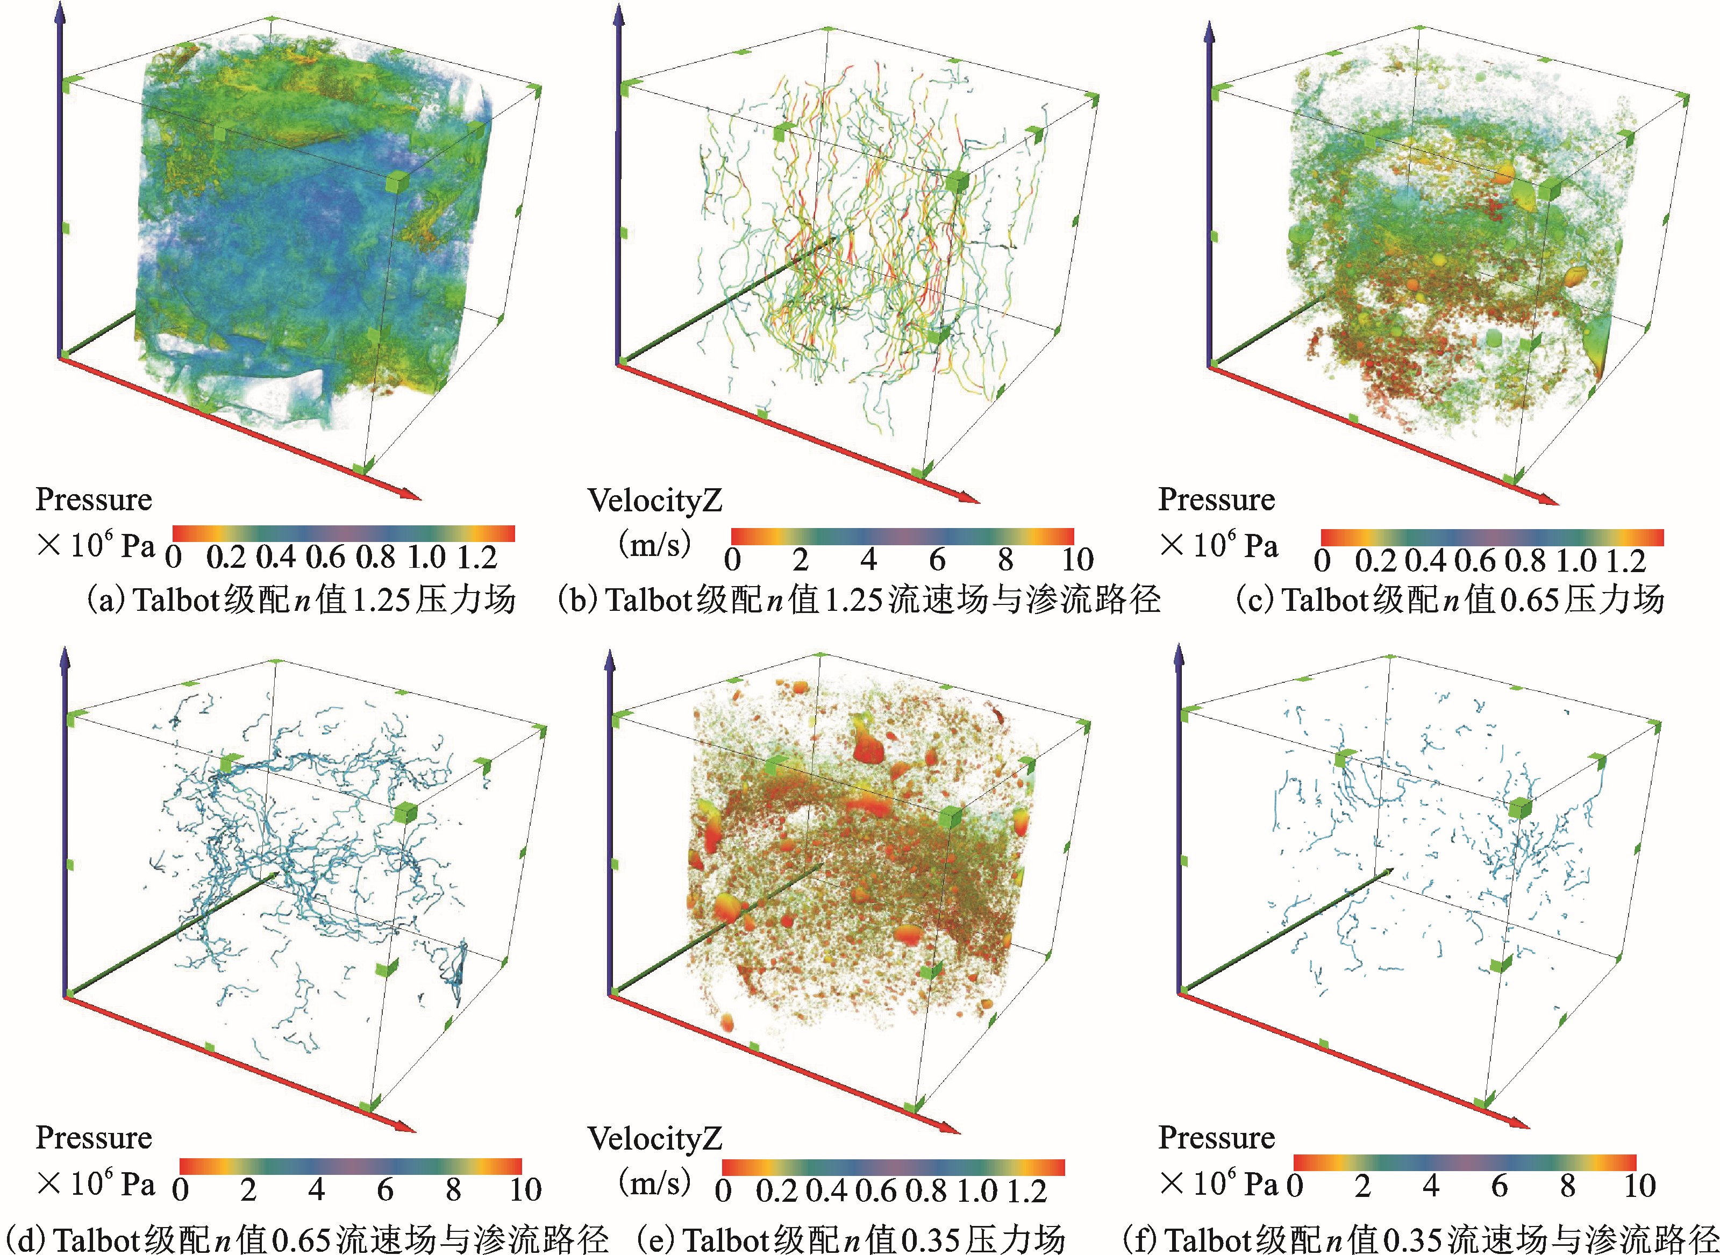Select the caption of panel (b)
859,600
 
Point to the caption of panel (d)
304,1238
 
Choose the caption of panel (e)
851,1238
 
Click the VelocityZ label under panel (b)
654,501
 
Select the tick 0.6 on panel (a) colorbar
325,558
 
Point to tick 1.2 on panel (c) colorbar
1626,561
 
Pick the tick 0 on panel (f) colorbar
1295,1186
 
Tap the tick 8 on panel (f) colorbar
1567,1186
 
